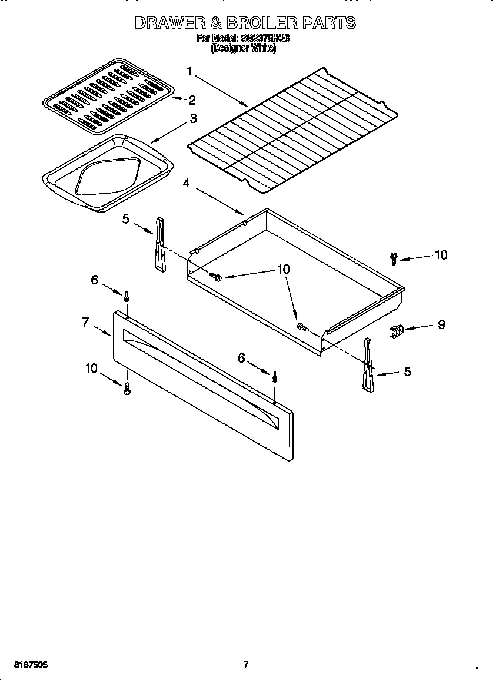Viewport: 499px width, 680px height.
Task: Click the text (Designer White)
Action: pyautogui.click(x=243, y=48)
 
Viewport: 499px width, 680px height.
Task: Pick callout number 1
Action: pyautogui.click(x=189, y=72)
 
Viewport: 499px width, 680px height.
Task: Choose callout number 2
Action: pyautogui.click(x=192, y=100)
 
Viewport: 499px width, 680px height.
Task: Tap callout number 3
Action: pyautogui.click(x=192, y=118)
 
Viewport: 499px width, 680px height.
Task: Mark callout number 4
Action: pyautogui.click(x=187, y=183)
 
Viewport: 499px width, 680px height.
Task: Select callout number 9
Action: pyautogui.click(x=441, y=324)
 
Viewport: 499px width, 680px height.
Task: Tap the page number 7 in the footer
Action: pyautogui.click(x=246, y=665)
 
